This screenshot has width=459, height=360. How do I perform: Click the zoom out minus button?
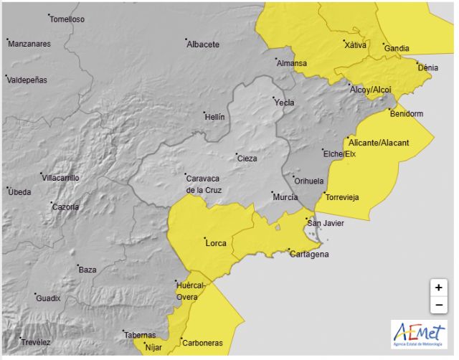tap(438, 305)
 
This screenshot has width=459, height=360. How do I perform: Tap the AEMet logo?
tap(418, 335)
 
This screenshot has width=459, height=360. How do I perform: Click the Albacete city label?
tap(202, 44)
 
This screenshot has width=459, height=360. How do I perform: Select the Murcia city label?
tap(285, 196)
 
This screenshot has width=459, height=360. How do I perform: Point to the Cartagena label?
tap(308, 254)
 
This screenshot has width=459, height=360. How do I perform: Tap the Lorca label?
tap(216, 243)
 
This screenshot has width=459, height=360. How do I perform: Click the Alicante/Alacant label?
tap(379, 143)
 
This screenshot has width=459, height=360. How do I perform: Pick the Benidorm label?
tap(406, 114)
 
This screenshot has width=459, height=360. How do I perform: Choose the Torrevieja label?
tap(341, 197)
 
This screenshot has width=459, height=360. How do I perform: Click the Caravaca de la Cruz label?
tap(204, 184)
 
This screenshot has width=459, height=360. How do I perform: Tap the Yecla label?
tap(284, 103)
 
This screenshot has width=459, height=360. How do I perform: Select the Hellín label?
tap(214, 117)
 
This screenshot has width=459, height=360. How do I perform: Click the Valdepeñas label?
tap(27, 80)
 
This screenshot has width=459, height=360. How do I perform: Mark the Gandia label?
tap(397, 49)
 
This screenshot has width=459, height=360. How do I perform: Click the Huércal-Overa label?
tap(191, 290)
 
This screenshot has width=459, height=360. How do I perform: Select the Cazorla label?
tap(65, 207)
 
